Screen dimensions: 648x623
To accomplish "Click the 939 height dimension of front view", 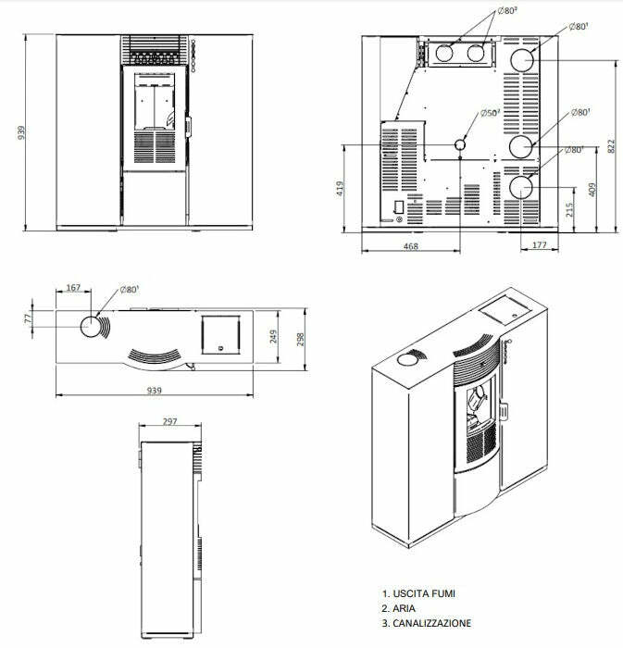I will point(20,132).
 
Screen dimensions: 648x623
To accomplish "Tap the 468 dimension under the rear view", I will point(411,246).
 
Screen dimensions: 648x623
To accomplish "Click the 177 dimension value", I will point(541,246).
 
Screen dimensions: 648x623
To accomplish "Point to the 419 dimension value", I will point(341,188).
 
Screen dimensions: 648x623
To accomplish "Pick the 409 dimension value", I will point(593,191).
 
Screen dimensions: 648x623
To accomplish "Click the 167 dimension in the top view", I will point(74,288).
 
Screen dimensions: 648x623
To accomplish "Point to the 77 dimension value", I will point(28,318).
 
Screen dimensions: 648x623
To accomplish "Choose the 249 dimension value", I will point(272,336).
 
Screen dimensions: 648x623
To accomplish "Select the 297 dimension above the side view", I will point(169,422).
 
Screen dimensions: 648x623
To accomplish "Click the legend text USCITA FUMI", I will point(422,593).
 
